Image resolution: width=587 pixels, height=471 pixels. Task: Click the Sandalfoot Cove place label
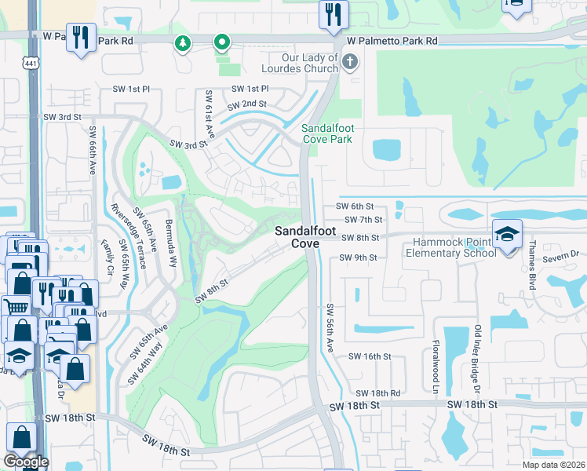point(297,236)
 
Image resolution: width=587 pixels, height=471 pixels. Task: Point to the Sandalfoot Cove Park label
point(327,133)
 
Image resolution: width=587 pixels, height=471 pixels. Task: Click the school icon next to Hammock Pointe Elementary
point(507,234)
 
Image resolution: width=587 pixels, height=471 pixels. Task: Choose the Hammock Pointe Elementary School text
point(450,247)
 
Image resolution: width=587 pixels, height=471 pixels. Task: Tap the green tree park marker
point(183,43)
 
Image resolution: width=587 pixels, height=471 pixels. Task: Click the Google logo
point(26,462)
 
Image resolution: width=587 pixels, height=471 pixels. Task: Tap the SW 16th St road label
point(370,356)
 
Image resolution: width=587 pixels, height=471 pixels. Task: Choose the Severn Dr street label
point(563,254)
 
